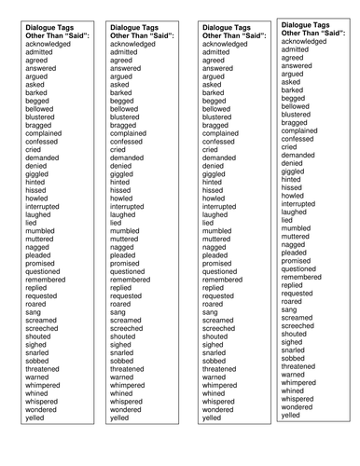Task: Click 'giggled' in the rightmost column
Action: click(293, 171)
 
